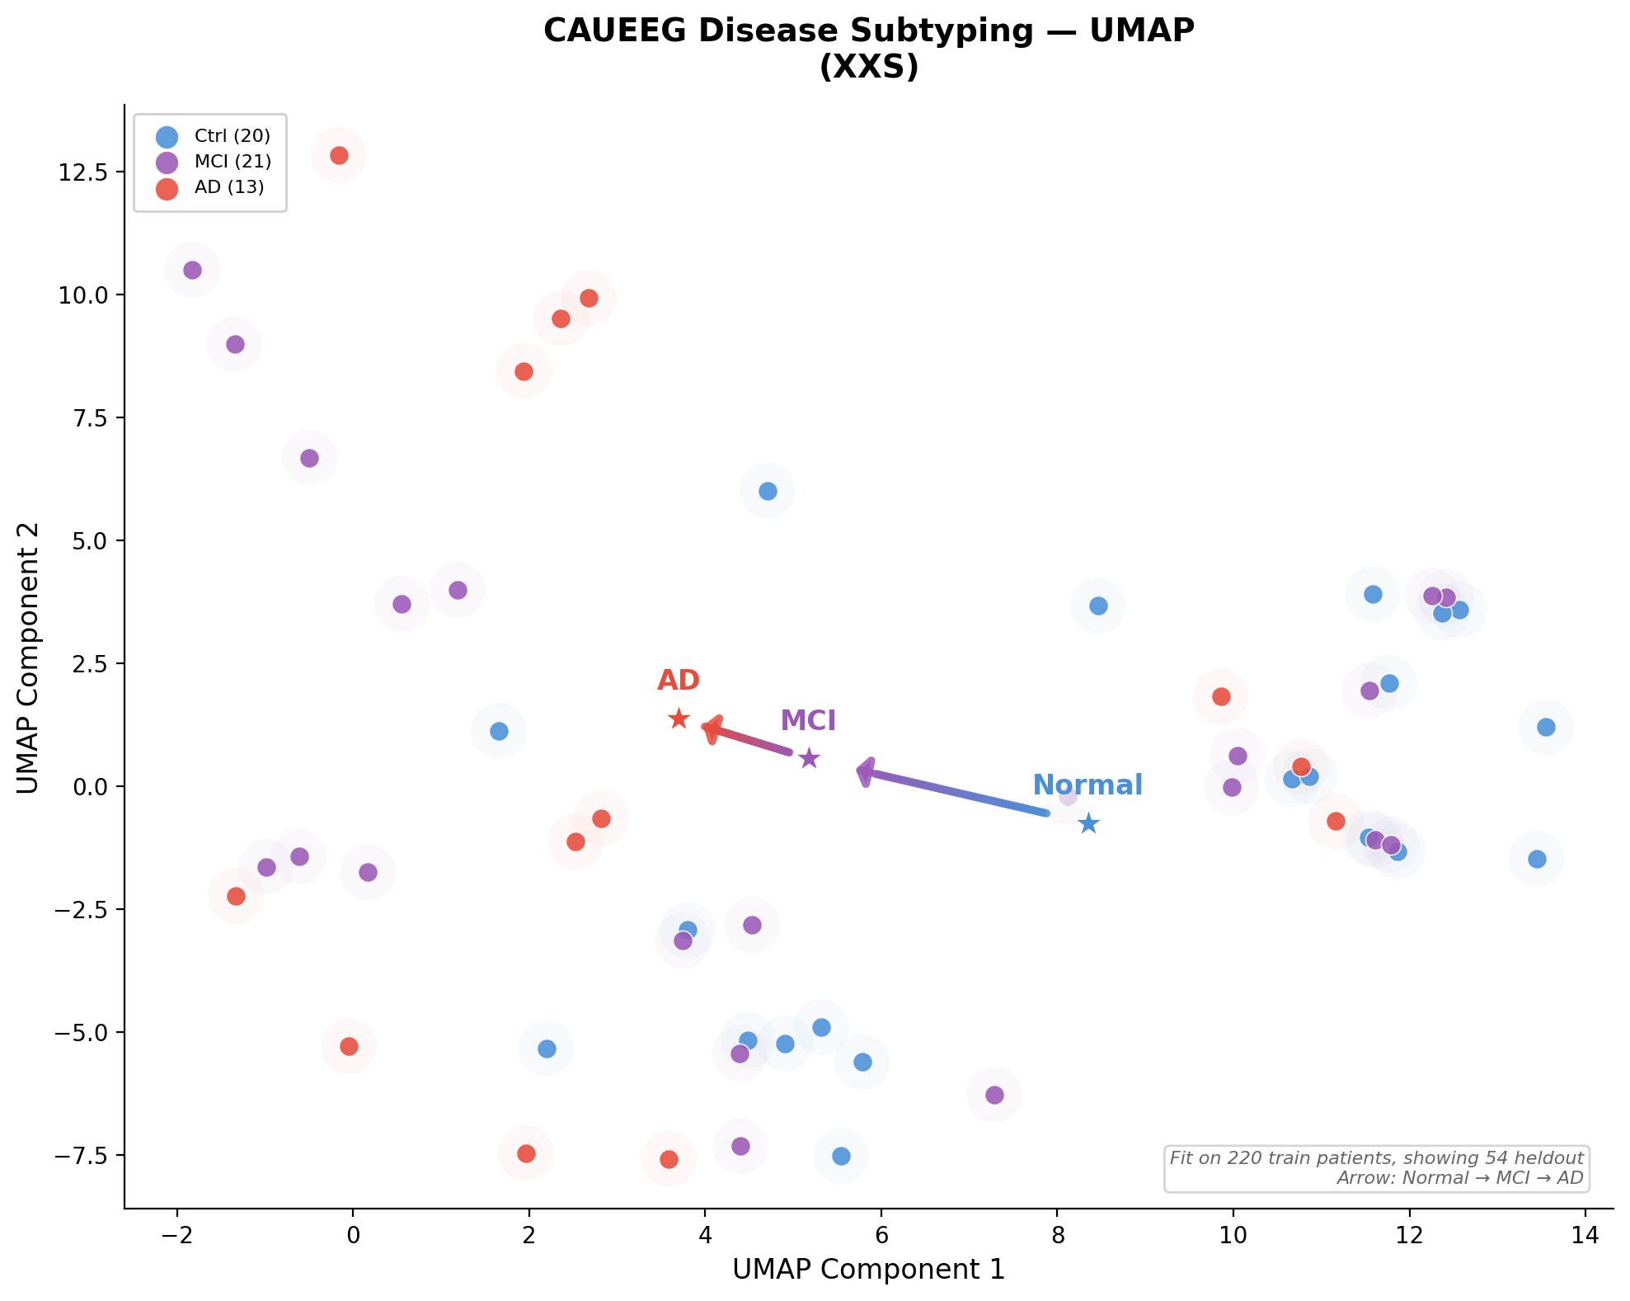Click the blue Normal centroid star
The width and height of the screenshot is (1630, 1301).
[1088, 823]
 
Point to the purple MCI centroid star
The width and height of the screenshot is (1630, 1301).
[809, 758]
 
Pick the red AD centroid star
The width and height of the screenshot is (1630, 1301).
[679, 719]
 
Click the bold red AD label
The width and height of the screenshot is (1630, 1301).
[679, 681]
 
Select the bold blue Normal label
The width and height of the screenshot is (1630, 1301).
[1087, 785]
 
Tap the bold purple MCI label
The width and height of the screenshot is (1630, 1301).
[808, 720]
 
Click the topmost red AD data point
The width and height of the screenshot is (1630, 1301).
[339, 155]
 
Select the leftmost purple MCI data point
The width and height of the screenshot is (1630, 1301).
[192, 270]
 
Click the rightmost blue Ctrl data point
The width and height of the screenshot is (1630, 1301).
[1546, 727]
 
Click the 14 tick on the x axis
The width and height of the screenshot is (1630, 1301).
[1585, 1235]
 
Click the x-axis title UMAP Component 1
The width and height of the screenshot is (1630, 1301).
[868, 1270]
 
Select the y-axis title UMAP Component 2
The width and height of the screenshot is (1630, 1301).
[28, 658]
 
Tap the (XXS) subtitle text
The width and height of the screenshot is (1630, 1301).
[868, 67]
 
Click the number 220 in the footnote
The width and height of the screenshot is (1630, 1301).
[1242, 1158]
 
